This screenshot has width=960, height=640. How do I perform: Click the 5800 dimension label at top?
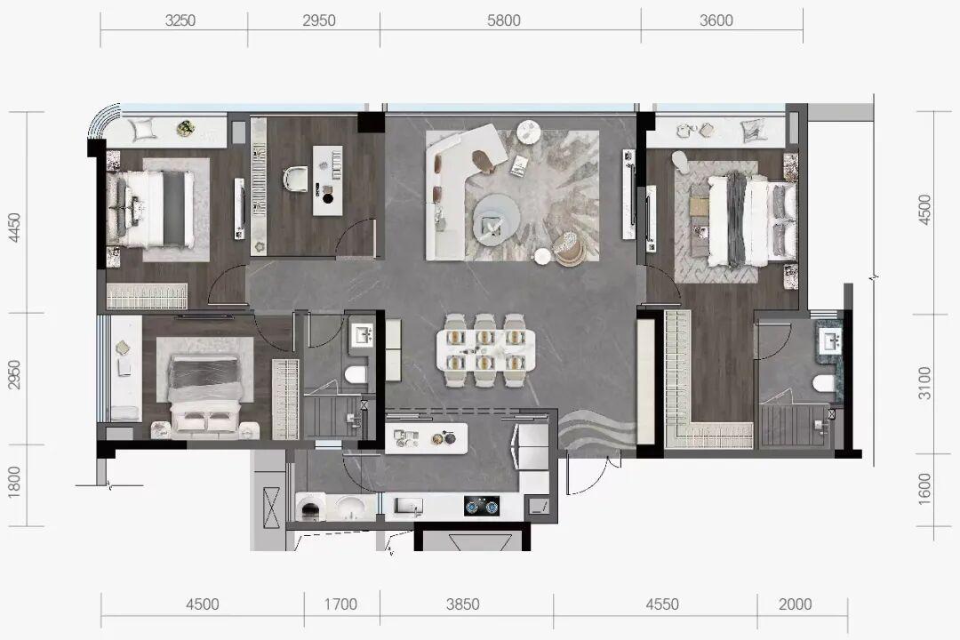click(x=503, y=20)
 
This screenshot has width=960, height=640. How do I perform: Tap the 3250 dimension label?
click(x=180, y=20)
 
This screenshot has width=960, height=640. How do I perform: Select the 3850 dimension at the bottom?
click(x=463, y=604)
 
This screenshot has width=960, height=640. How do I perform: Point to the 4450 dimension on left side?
click(x=14, y=228)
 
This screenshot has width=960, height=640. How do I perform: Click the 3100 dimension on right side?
click(x=924, y=383)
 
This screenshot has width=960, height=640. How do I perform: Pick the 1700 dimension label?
click(x=340, y=604)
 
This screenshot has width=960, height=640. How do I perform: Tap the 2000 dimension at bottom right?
click(x=795, y=604)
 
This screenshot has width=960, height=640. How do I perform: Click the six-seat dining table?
click(x=485, y=349)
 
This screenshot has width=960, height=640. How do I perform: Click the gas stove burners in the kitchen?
click(x=481, y=506)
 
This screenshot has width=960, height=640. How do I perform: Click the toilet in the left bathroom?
click(x=356, y=374)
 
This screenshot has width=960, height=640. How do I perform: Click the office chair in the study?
click(x=298, y=178)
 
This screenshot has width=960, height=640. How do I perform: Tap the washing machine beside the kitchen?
click(x=310, y=508)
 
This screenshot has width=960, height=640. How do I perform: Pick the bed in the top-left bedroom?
click(x=151, y=209)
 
